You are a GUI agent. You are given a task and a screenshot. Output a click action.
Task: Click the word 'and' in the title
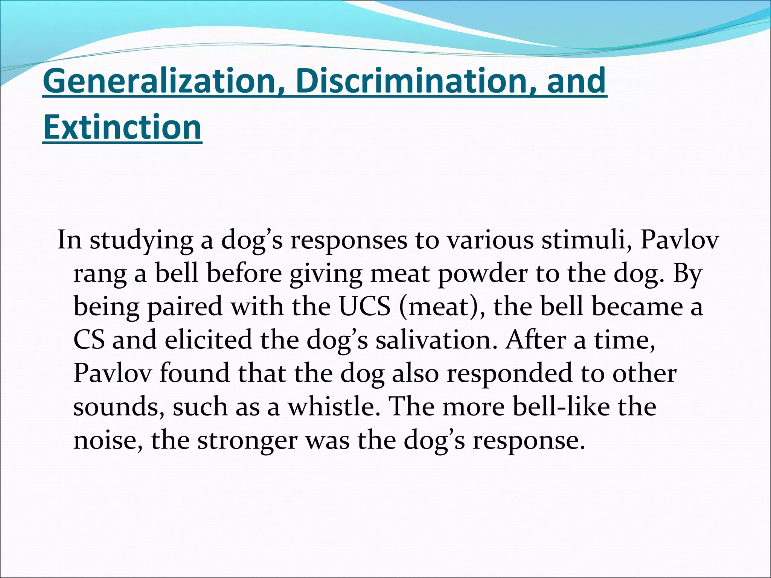click(576, 81)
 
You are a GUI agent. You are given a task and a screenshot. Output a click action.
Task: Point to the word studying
click(142, 241)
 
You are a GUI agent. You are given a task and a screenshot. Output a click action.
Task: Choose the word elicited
click(208, 340)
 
